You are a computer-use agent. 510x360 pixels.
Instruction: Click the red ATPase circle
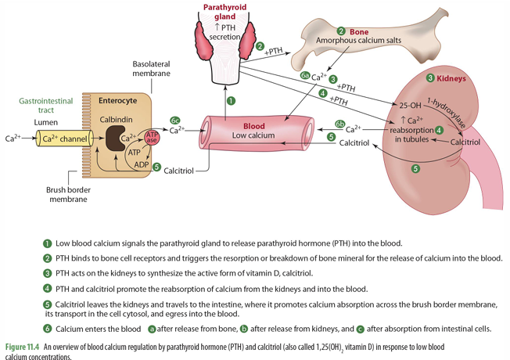(x=153, y=139)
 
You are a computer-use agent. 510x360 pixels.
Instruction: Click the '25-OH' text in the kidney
(x=410, y=104)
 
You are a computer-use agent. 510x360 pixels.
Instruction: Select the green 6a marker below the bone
(x=305, y=76)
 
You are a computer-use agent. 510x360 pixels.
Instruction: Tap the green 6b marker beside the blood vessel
(x=340, y=124)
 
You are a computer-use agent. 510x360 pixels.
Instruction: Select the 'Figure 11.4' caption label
(x=23, y=346)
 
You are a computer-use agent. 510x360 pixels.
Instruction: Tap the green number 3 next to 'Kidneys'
(x=429, y=77)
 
